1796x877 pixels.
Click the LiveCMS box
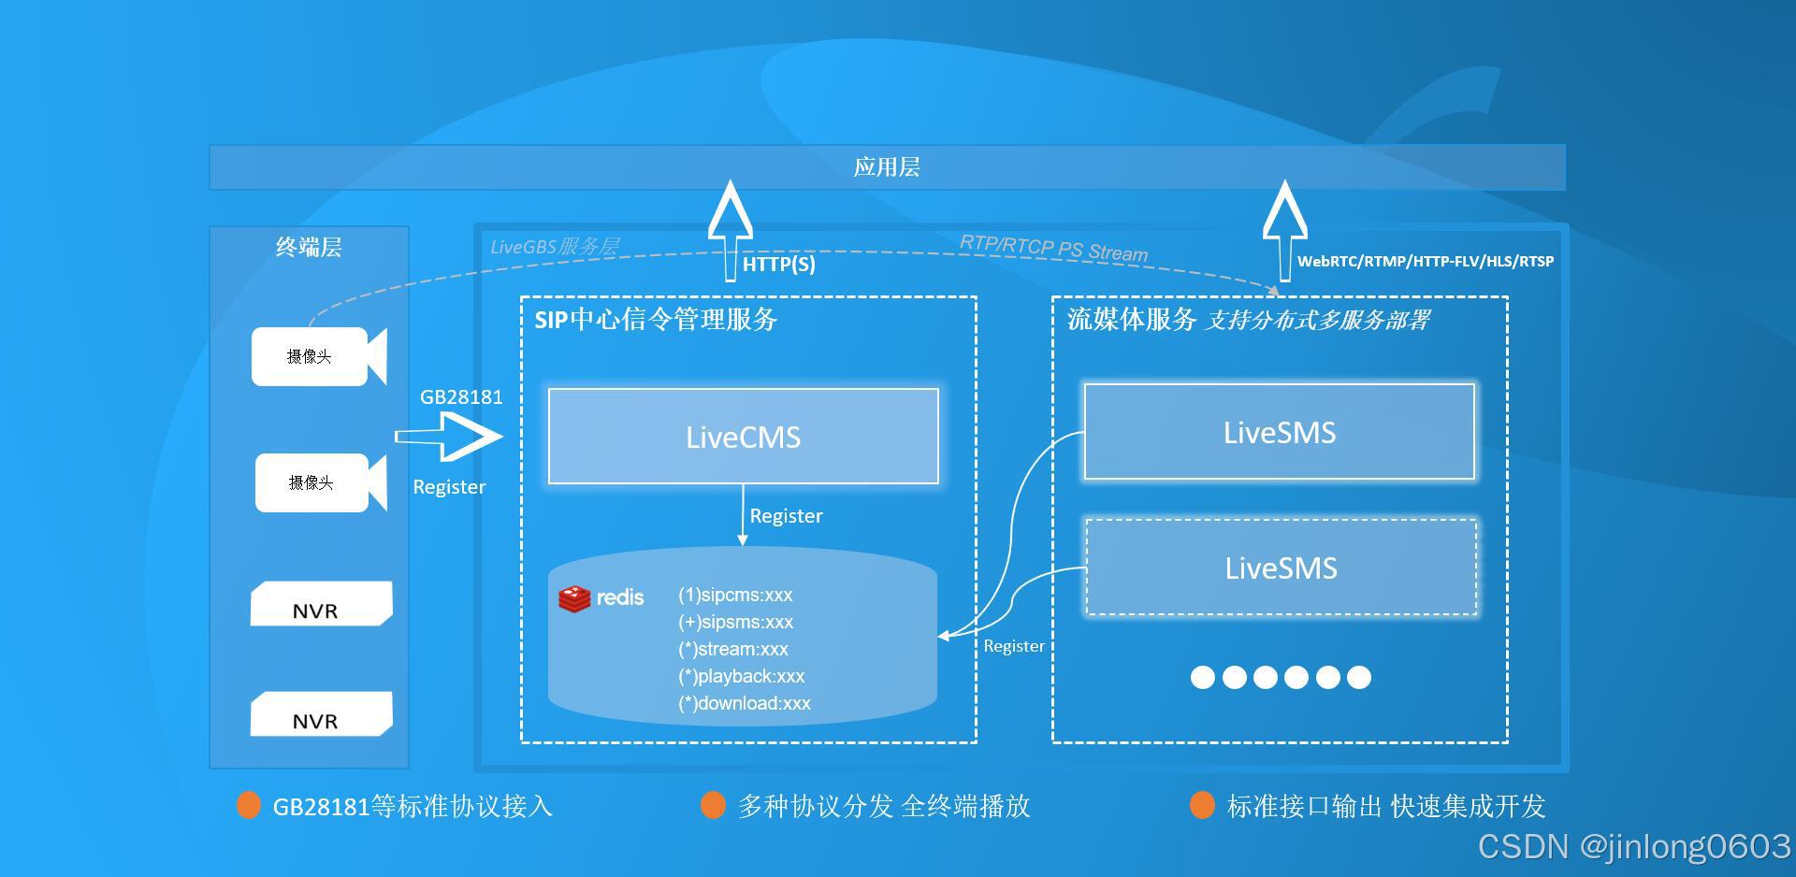[743, 437]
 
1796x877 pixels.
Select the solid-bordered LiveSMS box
[1279, 432]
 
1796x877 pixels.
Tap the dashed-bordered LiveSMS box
[1281, 568]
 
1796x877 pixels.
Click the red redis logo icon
[574, 598]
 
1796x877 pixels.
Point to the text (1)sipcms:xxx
[735, 595]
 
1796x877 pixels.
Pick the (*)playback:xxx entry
[741, 676]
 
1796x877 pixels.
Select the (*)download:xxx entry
[744, 703]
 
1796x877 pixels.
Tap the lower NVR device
[321, 715]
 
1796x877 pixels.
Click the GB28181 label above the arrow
[461, 396]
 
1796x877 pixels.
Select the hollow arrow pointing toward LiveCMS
[452, 437]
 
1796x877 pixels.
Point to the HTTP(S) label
[778, 265]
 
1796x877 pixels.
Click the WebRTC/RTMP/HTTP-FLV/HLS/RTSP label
[1425, 262]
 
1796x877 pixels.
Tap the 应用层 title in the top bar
[887, 167]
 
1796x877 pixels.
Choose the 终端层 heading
[309, 247]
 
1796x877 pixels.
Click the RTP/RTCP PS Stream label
[1053, 248]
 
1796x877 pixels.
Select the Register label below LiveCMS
[786, 516]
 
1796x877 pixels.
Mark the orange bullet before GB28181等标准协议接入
[249, 805]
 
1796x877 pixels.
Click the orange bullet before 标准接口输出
[1202, 805]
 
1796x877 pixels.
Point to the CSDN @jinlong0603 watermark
[1633, 846]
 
